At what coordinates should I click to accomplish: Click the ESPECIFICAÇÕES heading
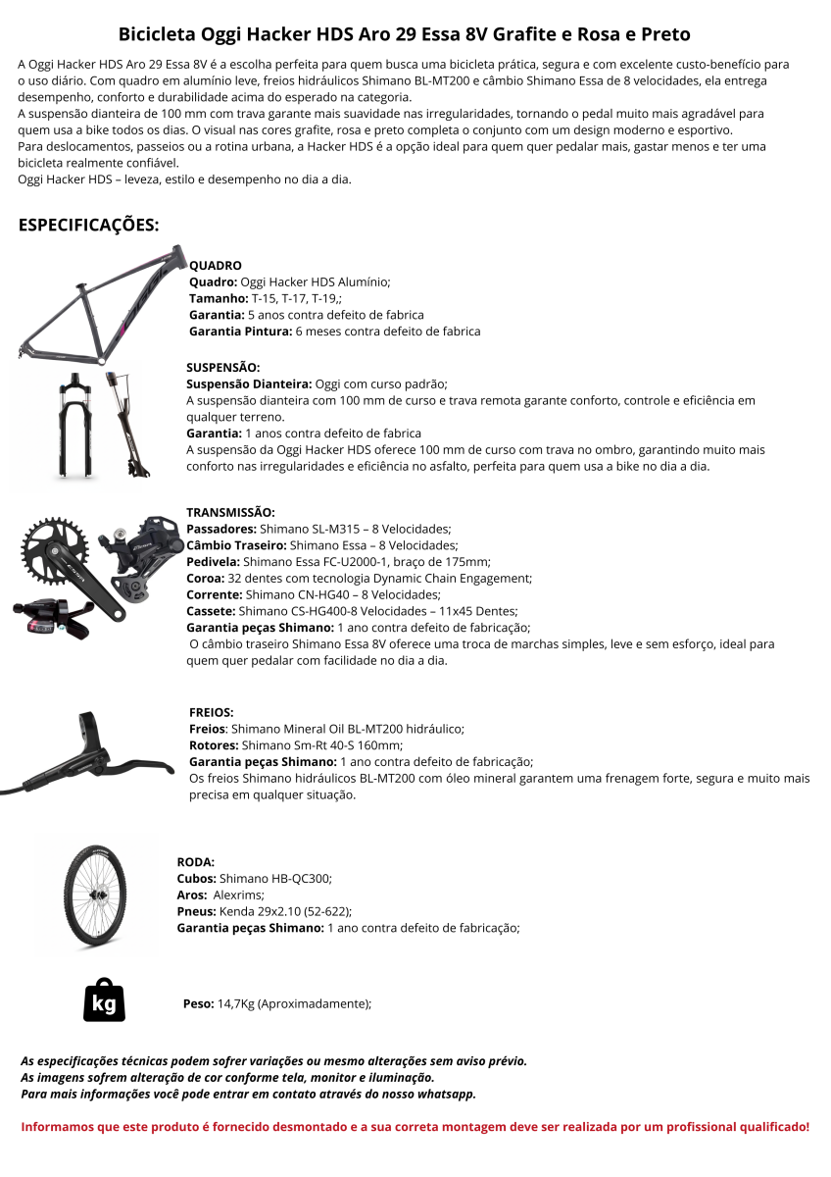pyautogui.click(x=88, y=225)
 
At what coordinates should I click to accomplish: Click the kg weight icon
pyautogui.click(x=104, y=1001)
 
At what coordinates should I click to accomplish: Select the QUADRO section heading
pyautogui.click(x=215, y=266)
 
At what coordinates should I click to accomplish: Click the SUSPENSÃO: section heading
pyautogui.click(x=223, y=367)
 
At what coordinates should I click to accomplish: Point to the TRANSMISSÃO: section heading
pyautogui.click(x=230, y=512)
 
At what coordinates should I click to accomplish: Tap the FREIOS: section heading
pyautogui.click(x=212, y=712)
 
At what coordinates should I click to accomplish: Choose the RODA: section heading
pyautogui.click(x=195, y=861)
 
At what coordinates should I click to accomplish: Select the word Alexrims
pyautogui.click(x=239, y=895)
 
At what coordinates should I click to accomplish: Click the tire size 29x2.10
pyautogui.click(x=280, y=911)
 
